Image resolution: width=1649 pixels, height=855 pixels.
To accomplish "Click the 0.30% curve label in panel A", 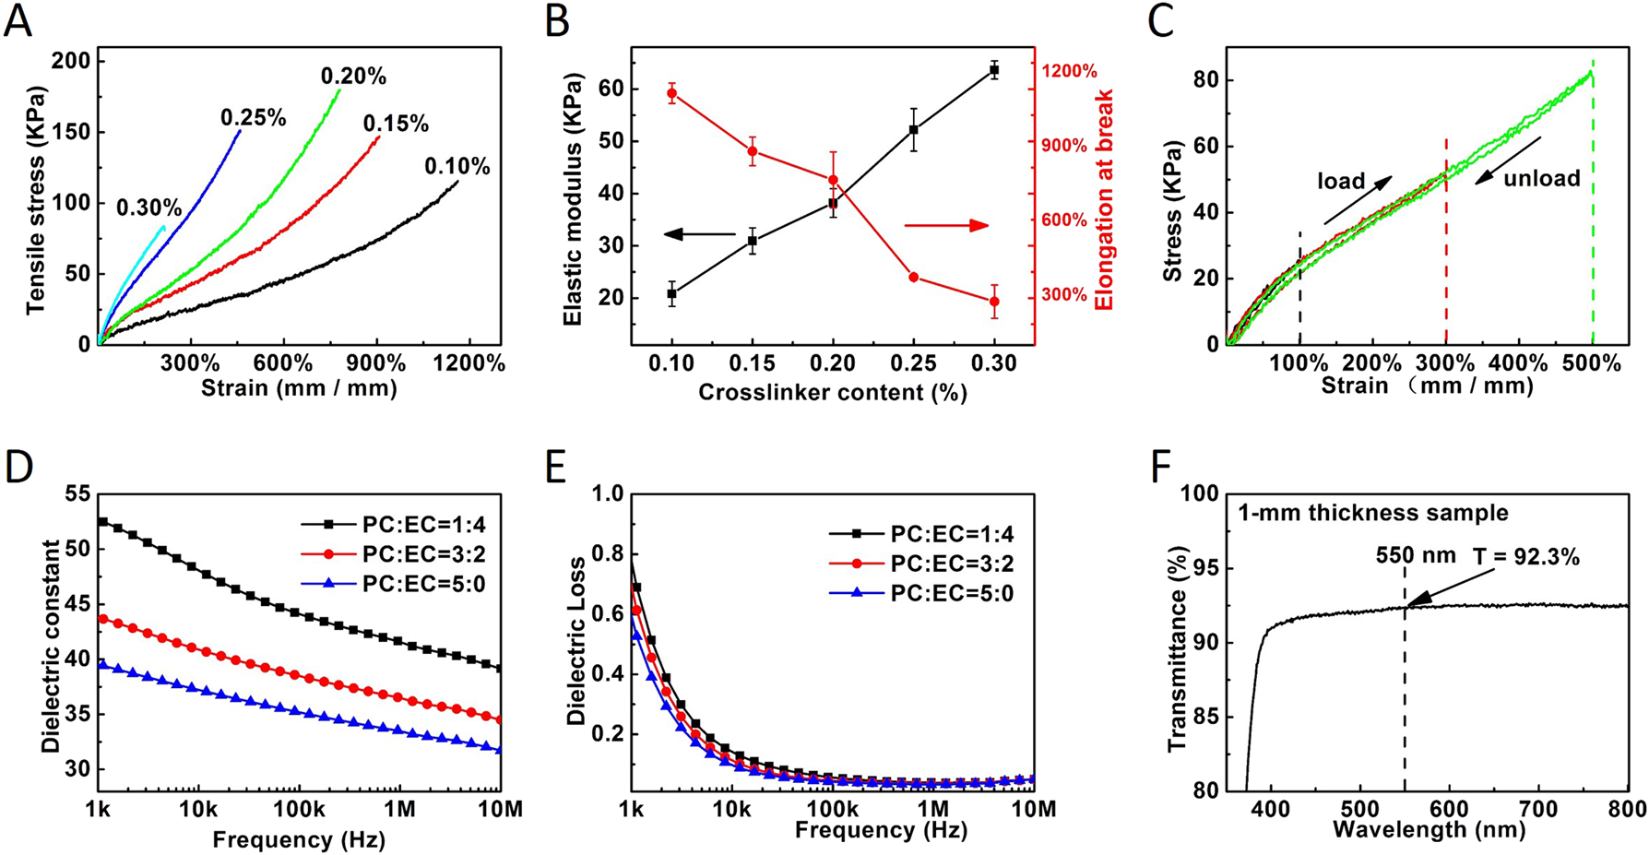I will pos(148,208).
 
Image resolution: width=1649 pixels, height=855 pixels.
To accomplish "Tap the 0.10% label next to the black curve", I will pos(457,167).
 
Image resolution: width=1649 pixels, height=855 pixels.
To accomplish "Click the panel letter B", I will pos(558,20).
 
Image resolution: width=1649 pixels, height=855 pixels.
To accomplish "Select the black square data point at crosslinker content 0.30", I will pos(994,70).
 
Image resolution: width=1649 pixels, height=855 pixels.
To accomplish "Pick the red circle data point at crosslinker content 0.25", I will pos(913,278).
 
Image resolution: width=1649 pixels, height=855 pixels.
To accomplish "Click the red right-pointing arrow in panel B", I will pos(945,226).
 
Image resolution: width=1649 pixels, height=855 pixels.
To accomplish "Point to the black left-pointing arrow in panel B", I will pos(699,234).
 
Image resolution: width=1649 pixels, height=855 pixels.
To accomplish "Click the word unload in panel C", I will pos(1542,178).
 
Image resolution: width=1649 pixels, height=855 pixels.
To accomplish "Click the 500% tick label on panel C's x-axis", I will pos(1592,363).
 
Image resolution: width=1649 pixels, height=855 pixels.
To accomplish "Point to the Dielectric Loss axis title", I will pos(577,641).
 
